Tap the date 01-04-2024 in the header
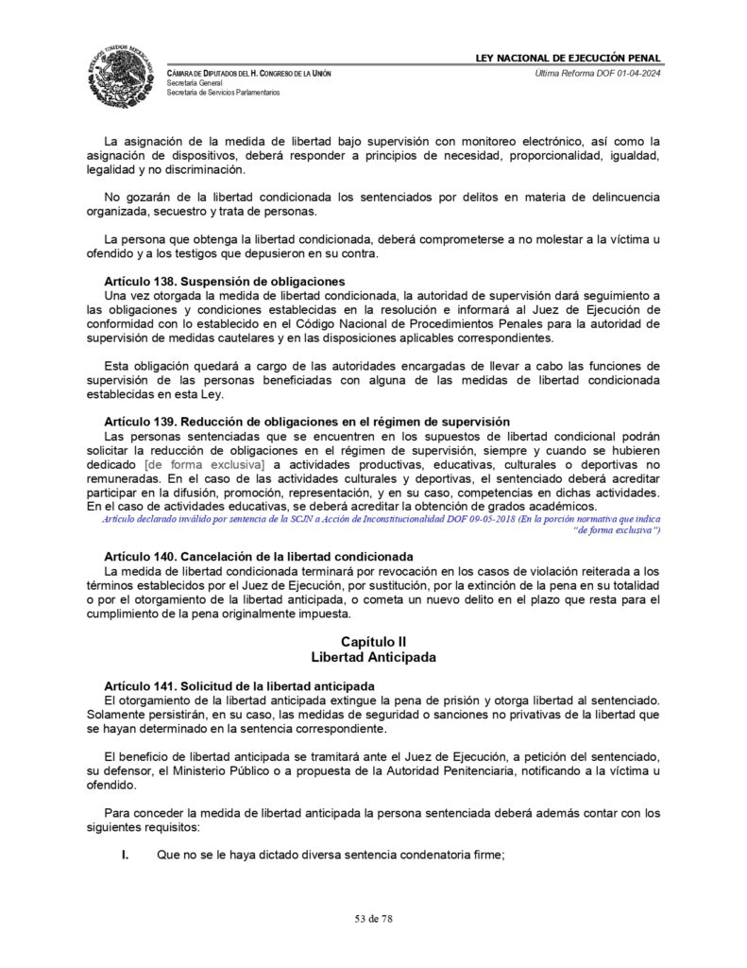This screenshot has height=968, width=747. point(636,74)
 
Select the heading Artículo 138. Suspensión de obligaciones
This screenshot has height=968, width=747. point(225,282)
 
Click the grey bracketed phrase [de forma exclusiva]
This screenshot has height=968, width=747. point(205,465)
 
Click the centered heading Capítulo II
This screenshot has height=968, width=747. point(373,642)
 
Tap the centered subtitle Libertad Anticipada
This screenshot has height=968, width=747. point(373,657)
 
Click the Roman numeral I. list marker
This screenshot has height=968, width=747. point(125,856)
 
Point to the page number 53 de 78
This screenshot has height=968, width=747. point(373,917)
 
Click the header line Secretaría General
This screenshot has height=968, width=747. point(197,83)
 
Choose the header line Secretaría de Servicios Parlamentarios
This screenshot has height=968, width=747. point(223,93)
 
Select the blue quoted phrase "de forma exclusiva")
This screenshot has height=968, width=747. point(617,531)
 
